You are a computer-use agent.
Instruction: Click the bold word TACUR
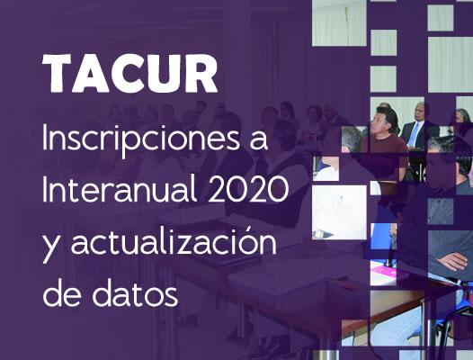(130, 74)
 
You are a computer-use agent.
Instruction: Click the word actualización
(174, 241)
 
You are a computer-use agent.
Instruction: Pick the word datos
(135, 291)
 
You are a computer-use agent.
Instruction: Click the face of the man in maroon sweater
(383, 123)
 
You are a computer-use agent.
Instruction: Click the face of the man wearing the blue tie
(420, 111)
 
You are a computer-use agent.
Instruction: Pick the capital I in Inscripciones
(45, 137)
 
